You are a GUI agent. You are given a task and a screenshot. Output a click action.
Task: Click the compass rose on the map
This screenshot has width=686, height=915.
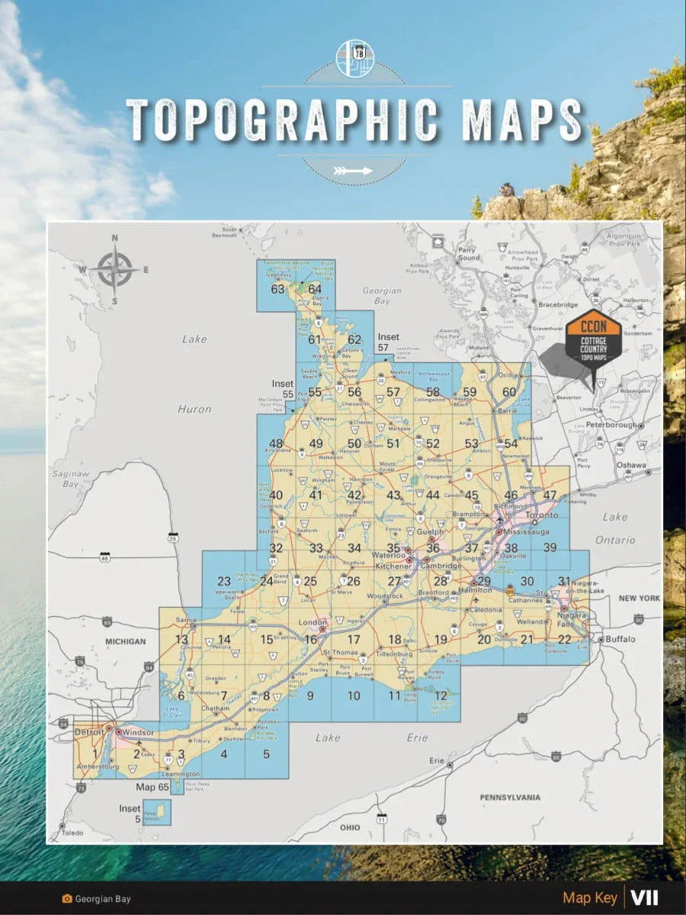(x=115, y=268)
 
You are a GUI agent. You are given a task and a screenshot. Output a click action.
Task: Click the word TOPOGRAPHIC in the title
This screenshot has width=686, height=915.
(x=282, y=120)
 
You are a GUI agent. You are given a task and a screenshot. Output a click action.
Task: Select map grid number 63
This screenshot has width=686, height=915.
(x=277, y=289)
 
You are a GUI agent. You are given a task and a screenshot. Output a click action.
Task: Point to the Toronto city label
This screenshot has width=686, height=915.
(x=542, y=515)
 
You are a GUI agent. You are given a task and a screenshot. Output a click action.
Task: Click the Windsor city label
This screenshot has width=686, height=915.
(x=138, y=733)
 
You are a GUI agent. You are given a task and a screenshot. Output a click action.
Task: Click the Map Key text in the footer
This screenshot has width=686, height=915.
(x=590, y=898)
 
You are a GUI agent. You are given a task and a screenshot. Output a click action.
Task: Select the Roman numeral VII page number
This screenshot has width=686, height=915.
(x=644, y=898)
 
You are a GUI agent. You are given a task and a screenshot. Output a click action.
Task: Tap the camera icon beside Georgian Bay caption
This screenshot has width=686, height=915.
(x=67, y=899)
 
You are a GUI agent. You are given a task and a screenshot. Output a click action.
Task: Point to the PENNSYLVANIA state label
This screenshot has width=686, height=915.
(x=510, y=798)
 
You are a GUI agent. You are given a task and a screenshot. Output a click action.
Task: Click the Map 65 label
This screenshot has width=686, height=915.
(x=152, y=786)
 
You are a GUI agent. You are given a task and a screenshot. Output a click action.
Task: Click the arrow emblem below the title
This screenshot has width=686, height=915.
(x=354, y=171)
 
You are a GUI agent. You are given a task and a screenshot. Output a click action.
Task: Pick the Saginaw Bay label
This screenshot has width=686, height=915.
(x=66, y=479)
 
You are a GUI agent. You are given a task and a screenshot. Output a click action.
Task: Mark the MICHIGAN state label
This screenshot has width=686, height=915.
(x=125, y=641)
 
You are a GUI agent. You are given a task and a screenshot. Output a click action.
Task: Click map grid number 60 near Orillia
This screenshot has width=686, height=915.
(x=509, y=393)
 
